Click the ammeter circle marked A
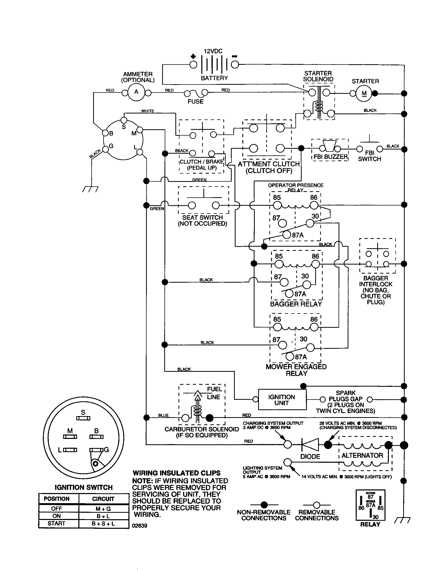click(136, 92)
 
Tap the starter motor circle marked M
click(364, 94)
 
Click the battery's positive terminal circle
click(193, 65)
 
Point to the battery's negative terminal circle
click(235, 65)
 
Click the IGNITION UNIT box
click(282, 400)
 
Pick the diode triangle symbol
click(310, 445)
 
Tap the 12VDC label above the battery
click(213, 51)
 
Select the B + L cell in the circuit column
click(103, 516)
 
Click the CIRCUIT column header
click(103, 499)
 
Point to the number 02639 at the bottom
click(140, 526)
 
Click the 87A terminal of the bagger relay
click(289, 294)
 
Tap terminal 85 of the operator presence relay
click(277, 206)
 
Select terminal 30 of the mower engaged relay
click(310, 348)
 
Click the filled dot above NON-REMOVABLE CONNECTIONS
click(264, 505)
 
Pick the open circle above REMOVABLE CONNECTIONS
click(317, 505)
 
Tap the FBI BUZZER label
click(330, 156)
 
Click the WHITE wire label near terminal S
click(148, 111)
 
